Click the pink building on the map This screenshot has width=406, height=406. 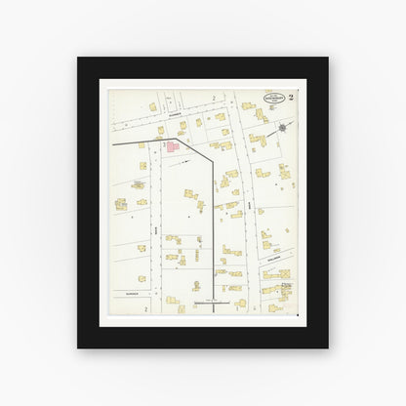pyautogui.click(x=172, y=146)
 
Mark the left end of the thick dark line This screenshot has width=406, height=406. pyautogui.click(x=114, y=143)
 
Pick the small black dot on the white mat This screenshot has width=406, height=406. pyautogui.click(x=297, y=316)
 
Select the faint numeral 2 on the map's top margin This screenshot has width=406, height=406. pyautogui.click(x=213, y=99)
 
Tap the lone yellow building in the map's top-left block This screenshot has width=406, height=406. pyautogui.click(x=152, y=106)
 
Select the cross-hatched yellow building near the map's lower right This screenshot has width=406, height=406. pyautogui.click(x=281, y=289)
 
